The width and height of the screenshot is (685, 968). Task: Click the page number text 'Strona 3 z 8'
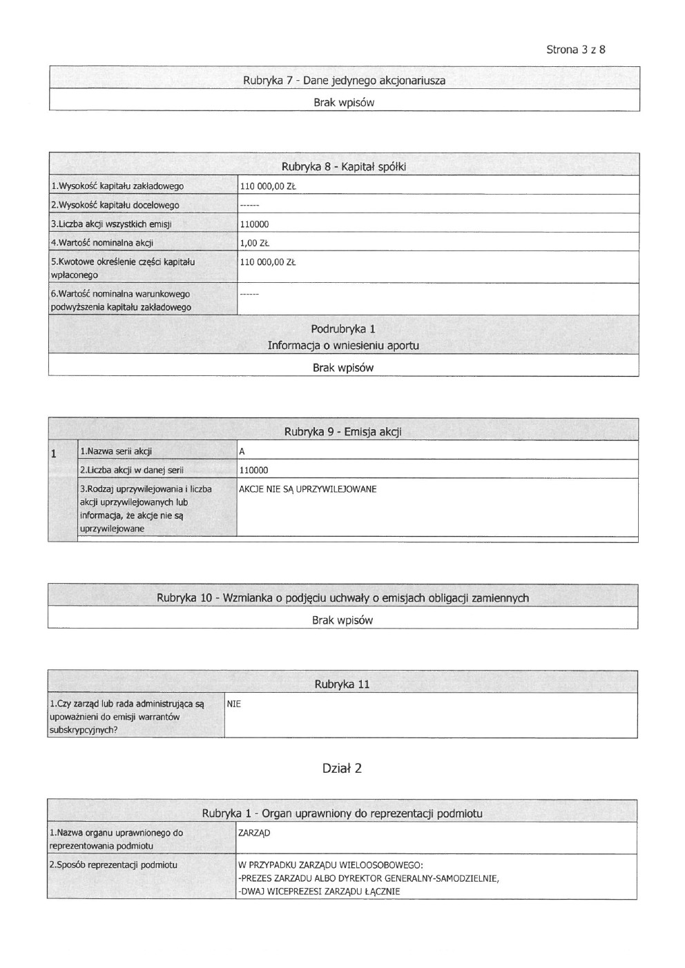(x=575, y=50)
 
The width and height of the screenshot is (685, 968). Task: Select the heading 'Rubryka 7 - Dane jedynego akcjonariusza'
(x=344, y=81)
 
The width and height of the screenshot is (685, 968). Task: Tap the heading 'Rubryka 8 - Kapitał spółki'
(x=343, y=167)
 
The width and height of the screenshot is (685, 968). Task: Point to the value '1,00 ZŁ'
(x=254, y=243)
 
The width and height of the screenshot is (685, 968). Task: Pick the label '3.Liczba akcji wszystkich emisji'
(x=111, y=224)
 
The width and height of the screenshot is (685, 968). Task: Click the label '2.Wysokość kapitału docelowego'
(x=115, y=205)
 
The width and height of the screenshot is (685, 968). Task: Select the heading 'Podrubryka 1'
(x=343, y=329)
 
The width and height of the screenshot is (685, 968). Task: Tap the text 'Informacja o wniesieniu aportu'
(x=343, y=346)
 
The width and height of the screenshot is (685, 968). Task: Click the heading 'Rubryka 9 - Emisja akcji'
(x=342, y=433)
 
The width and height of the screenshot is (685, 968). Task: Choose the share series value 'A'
(x=242, y=452)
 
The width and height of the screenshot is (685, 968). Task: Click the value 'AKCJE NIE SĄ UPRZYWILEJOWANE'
(x=307, y=489)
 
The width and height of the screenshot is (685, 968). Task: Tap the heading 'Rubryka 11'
(x=342, y=684)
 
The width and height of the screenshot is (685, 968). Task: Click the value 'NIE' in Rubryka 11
(x=234, y=704)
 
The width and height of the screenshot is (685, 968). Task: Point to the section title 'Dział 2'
(x=342, y=769)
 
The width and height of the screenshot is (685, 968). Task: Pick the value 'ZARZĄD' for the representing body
(x=254, y=833)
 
